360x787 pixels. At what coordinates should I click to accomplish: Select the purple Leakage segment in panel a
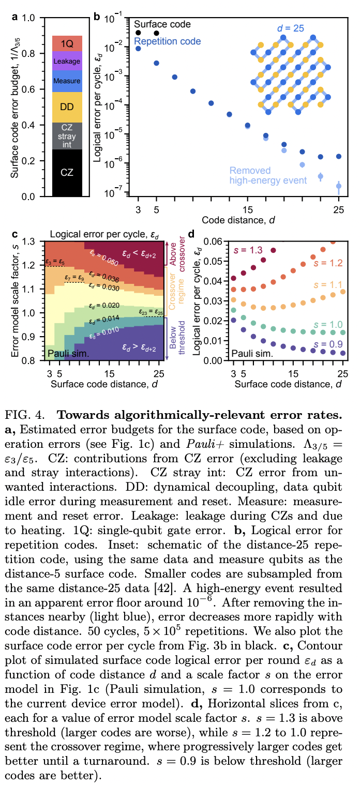[67, 61]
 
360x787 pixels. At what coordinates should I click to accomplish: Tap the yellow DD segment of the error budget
[67, 107]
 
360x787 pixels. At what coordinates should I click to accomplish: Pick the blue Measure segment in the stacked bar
[67, 81]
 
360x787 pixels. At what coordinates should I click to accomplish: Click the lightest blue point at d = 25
[339, 186]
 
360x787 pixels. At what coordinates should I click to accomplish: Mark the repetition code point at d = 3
[138, 49]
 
